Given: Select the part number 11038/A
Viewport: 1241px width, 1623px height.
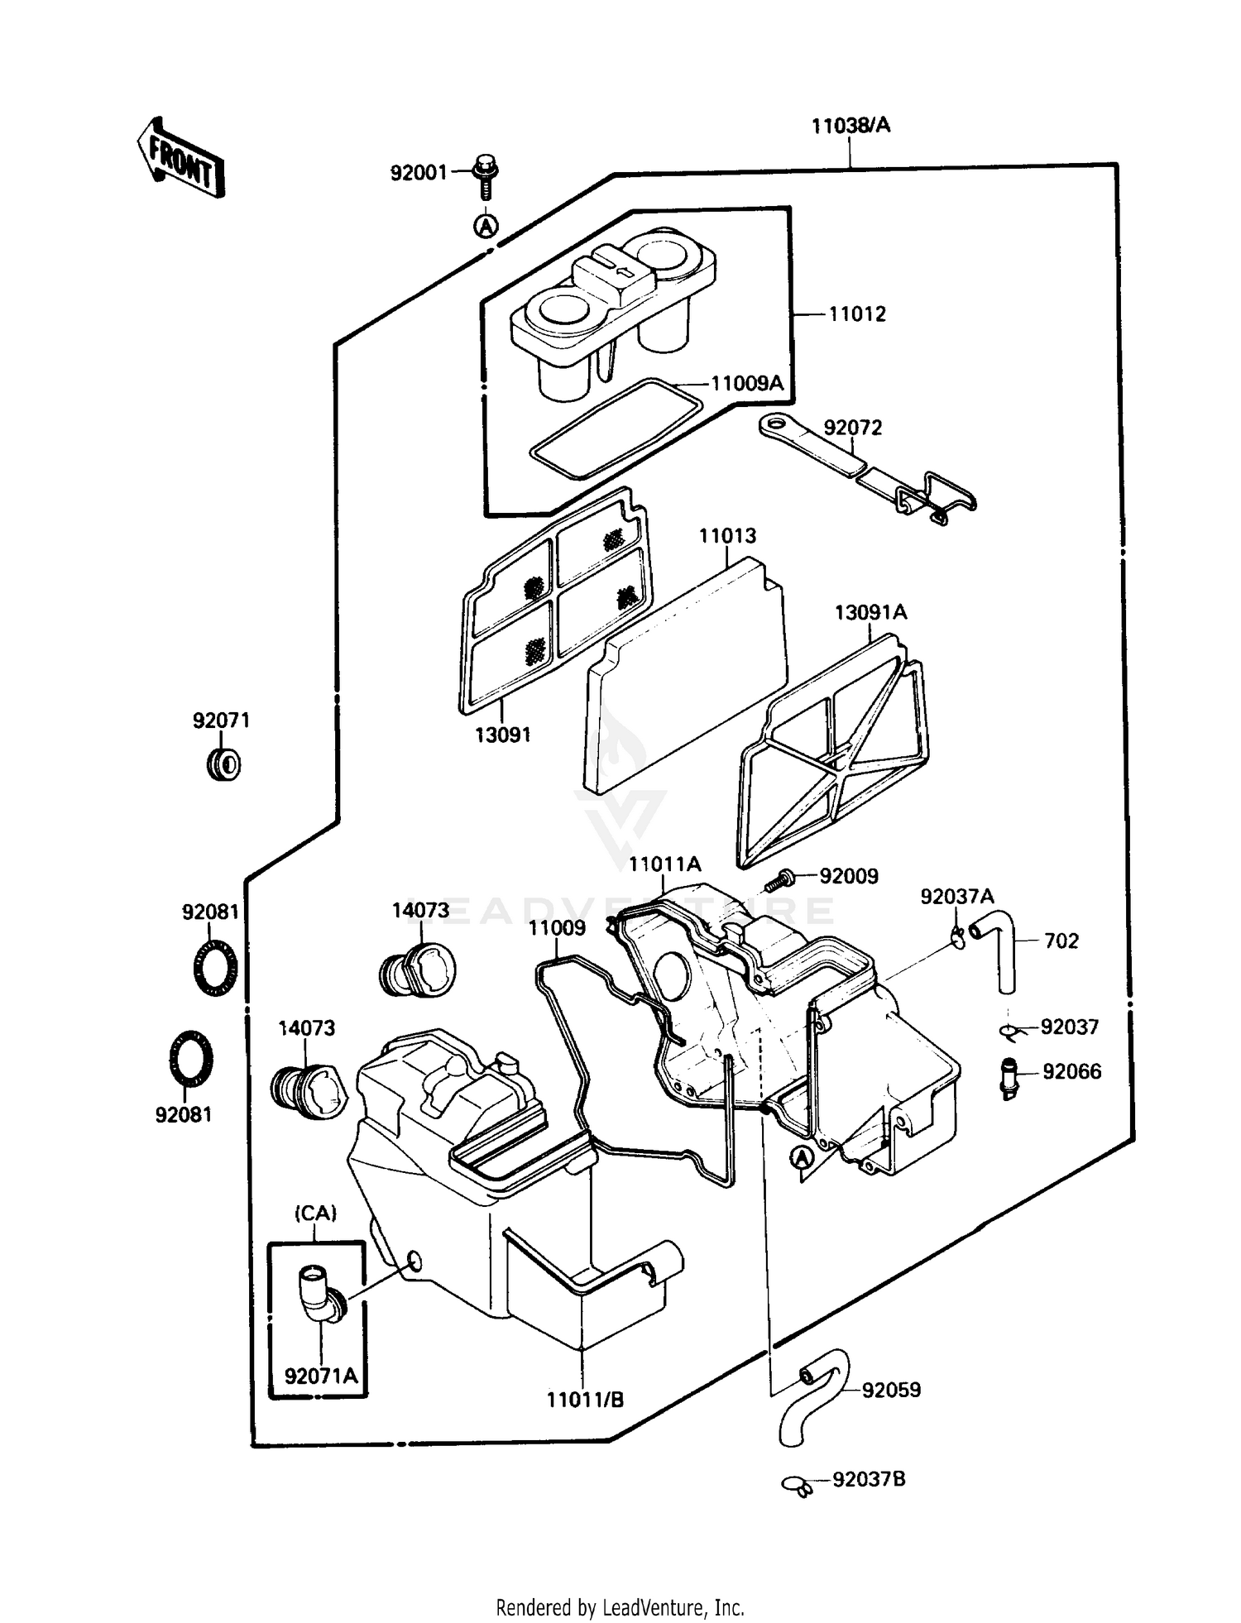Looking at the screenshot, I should tap(850, 126).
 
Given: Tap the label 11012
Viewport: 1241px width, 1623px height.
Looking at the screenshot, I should tap(857, 314).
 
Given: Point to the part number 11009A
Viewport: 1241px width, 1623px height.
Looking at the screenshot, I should tap(747, 383).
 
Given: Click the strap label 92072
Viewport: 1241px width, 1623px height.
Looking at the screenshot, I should tap(853, 428).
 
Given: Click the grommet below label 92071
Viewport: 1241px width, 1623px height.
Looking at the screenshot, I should tap(223, 764).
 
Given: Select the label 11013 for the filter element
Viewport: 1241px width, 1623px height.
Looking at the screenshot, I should tap(727, 536).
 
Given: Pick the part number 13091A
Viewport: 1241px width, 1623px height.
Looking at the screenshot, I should tap(870, 612).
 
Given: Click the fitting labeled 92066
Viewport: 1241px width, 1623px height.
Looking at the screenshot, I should tap(1008, 1077).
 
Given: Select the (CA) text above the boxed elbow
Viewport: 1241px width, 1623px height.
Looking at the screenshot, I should tap(315, 1214).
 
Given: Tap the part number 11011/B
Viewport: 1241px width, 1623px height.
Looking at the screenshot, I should tap(585, 1400).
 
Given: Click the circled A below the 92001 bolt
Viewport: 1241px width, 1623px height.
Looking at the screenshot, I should tap(487, 225).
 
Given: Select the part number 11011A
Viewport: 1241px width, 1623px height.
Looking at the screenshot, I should tap(664, 864).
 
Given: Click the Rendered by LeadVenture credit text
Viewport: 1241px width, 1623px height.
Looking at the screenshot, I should tap(620, 1607).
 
